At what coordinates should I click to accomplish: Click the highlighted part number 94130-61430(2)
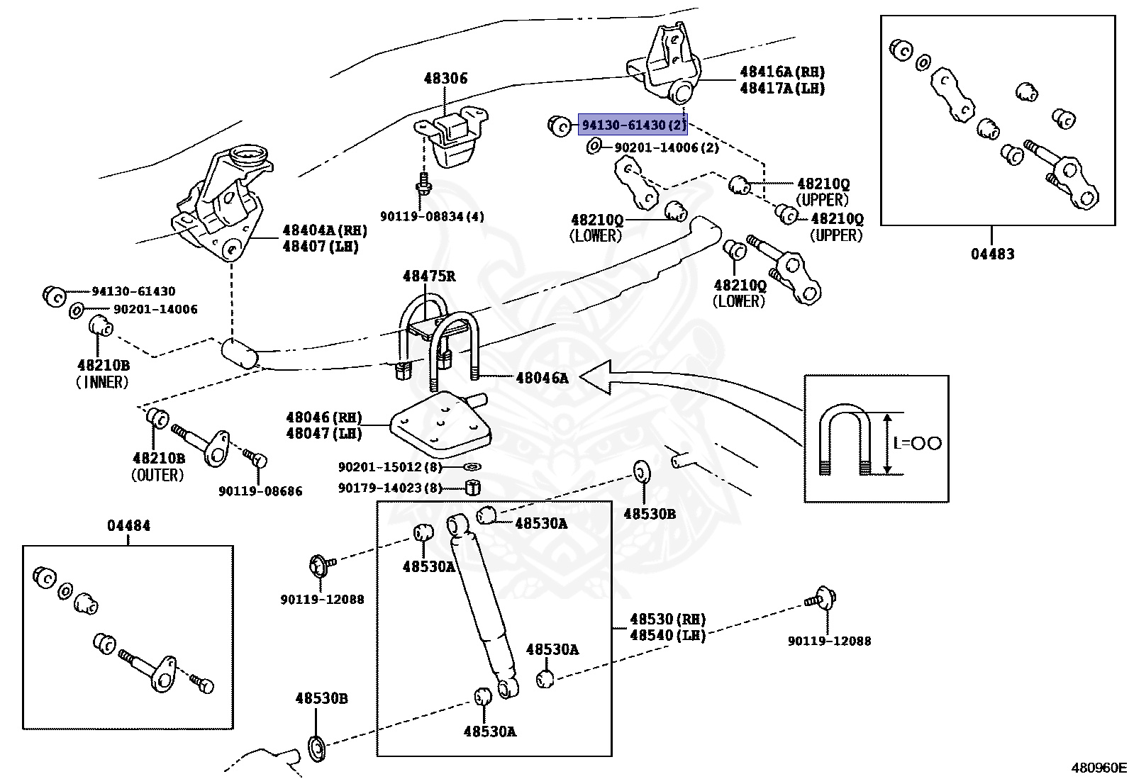point(633,125)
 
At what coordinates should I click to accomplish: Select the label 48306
point(446,78)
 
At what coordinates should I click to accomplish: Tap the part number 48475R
point(429,276)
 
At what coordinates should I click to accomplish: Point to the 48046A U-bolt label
point(543,378)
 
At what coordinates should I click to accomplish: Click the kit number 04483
point(992,253)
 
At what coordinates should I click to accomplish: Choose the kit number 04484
point(128,526)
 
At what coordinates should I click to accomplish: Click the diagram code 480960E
point(1099,767)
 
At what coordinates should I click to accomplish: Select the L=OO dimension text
point(917,443)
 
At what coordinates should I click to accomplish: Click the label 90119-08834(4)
point(432,216)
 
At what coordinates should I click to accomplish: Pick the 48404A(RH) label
point(315,230)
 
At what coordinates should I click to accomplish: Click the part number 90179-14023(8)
point(390,488)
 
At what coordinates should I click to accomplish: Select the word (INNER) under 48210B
point(103,383)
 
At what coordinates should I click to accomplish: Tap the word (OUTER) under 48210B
point(157,475)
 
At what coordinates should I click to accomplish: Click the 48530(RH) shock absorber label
point(667,619)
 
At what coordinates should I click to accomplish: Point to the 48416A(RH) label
point(782,72)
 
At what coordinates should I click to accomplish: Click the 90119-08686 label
point(260,491)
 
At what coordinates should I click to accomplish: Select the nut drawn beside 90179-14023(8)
point(473,487)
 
